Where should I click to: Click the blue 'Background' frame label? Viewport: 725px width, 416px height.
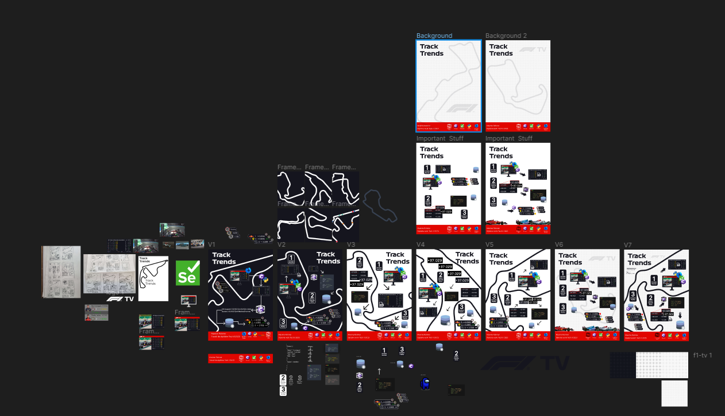[434, 36]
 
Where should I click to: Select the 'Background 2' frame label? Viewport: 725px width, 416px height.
[506, 36]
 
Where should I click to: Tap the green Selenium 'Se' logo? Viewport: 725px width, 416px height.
[188, 273]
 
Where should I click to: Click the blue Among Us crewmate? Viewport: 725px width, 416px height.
[425, 383]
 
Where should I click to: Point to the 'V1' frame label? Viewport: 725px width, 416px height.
[211, 245]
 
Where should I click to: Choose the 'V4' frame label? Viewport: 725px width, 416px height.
[421, 245]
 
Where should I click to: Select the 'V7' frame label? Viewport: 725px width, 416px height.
[628, 245]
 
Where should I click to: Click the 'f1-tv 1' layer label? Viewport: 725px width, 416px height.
[703, 356]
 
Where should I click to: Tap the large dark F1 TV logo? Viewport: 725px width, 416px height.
[525, 363]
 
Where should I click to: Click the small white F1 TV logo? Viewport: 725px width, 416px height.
[120, 299]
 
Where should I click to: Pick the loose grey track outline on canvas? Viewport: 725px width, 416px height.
[379, 207]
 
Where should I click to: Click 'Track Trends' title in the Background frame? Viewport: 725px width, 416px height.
[431, 50]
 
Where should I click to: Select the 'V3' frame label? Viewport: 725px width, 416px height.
[351, 245]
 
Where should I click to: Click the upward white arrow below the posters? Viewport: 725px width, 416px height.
[379, 371]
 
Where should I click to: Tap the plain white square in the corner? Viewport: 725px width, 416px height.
[674, 393]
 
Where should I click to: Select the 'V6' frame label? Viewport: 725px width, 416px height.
[559, 245]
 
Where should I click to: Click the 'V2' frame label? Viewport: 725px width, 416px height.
[281, 245]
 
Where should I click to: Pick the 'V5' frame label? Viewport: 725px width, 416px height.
[489, 245]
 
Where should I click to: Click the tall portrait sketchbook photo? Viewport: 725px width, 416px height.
[61, 272]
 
